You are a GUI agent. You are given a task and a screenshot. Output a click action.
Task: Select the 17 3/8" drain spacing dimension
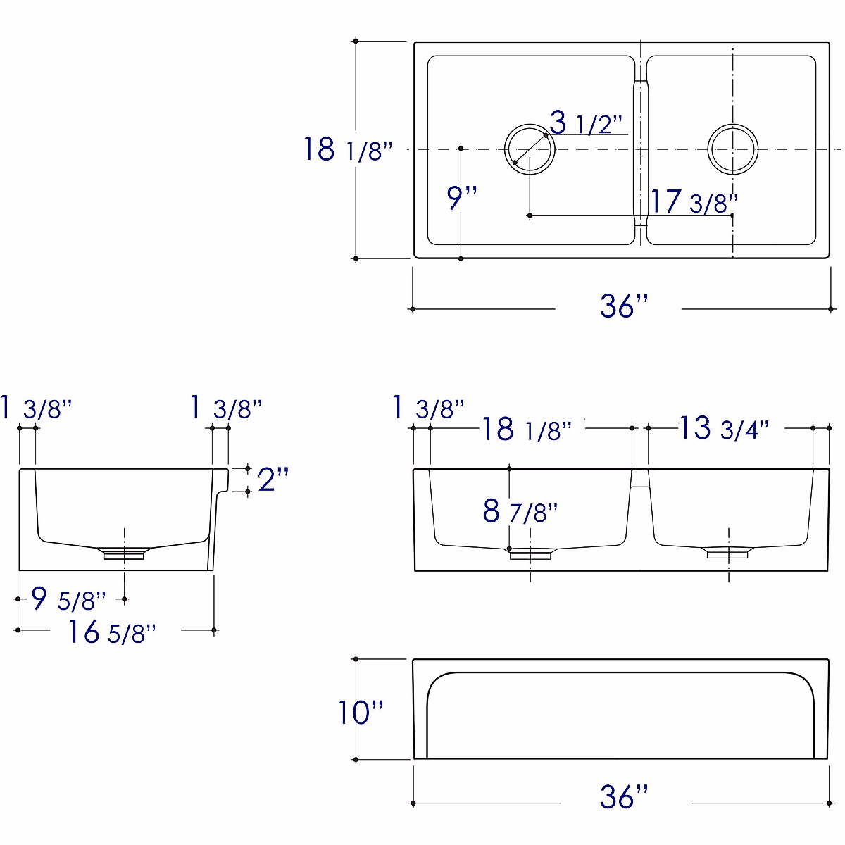pyautogui.click(x=693, y=202)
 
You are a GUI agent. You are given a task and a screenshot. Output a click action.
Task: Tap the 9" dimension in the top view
pyautogui.click(x=462, y=198)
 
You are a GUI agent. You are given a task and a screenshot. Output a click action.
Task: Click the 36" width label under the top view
pyautogui.click(x=624, y=306)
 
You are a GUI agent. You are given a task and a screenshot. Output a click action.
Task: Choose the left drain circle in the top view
pyautogui.click(x=530, y=149)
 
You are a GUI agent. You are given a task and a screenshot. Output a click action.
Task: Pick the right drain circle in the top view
pyautogui.click(x=733, y=149)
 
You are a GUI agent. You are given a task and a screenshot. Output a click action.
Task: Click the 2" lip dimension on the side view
pyautogui.click(x=273, y=480)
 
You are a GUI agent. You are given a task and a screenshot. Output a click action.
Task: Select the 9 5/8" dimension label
pyautogui.click(x=69, y=600)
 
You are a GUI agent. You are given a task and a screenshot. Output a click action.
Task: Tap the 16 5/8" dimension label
pyautogui.click(x=111, y=632)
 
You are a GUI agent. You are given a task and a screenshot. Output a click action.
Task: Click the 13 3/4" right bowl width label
pyautogui.click(x=723, y=428)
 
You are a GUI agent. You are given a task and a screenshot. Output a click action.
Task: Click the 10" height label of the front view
pyautogui.click(x=361, y=712)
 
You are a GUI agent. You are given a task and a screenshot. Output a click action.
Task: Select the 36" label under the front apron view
pyautogui.click(x=624, y=797)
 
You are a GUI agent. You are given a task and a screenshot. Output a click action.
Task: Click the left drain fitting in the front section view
pyautogui.click(x=530, y=553)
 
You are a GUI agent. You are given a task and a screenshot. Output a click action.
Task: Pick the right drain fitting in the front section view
pyautogui.click(x=728, y=553)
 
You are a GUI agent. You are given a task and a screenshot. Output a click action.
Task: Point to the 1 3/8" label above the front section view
pyautogui.click(x=428, y=408)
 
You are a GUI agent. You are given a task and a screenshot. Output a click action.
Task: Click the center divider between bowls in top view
pyautogui.click(x=640, y=149)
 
